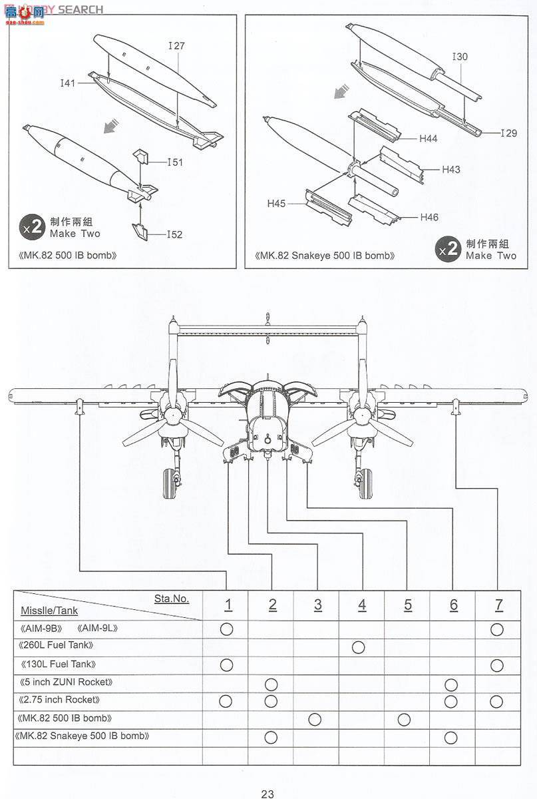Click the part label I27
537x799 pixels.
[176, 46]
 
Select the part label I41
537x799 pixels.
[68, 83]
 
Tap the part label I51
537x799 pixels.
[175, 162]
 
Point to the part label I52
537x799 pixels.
[175, 234]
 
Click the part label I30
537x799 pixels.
[460, 57]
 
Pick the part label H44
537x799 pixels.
[428, 138]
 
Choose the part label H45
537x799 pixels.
[277, 203]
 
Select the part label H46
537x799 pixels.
[429, 217]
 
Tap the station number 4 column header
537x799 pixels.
[362, 605]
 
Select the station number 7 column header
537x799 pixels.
[498, 605]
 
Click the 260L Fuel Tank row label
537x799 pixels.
[57, 645]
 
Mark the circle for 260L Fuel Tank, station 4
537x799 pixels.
[358, 647]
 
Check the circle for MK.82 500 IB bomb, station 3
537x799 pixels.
[315, 719]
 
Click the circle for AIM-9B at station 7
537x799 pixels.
[496, 629]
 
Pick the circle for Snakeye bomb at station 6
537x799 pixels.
[450, 737]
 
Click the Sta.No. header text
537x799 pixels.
[172, 598]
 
